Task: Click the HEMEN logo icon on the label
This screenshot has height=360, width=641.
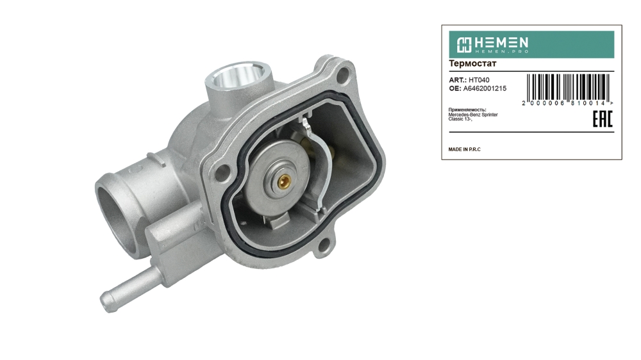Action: pyautogui.click(x=464, y=45)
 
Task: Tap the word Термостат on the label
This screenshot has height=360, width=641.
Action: pyautogui.click(x=472, y=64)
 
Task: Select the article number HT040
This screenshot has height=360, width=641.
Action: pyautogui.click(x=479, y=80)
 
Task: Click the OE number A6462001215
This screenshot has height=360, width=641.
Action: pyautogui.click(x=485, y=88)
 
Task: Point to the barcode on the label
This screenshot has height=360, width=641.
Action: pyautogui.click(x=568, y=87)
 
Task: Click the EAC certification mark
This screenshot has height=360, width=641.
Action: pyautogui.click(x=603, y=119)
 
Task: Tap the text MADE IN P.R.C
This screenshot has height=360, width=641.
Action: pyautogui.click(x=464, y=149)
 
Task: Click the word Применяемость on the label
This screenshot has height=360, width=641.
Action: pyautogui.click(x=467, y=110)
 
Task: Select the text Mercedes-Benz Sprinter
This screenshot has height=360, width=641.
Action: pyautogui.click(x=473, y=115)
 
